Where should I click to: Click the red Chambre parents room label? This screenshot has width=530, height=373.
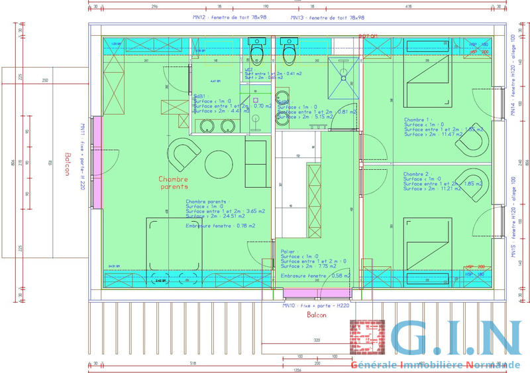pos(174,183)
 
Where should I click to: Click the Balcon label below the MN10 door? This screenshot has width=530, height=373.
pos(316,316)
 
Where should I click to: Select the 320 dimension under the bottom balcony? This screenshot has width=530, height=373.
pos(316,340)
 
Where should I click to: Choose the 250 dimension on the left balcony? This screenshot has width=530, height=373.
pos(46,80)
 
